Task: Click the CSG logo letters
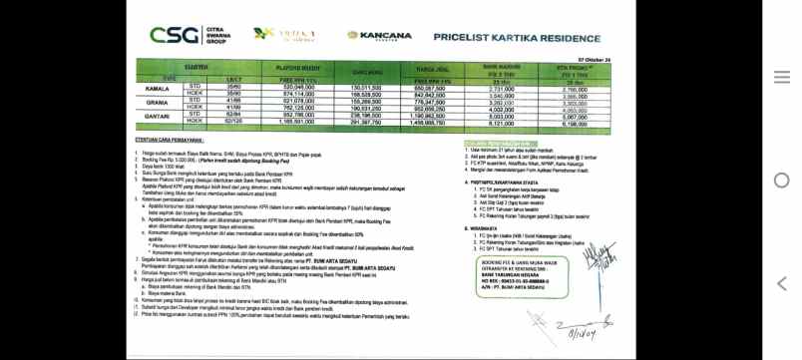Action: coord(172,35)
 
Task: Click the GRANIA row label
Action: coord(157,103)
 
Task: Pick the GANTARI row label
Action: coord(157,115)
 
